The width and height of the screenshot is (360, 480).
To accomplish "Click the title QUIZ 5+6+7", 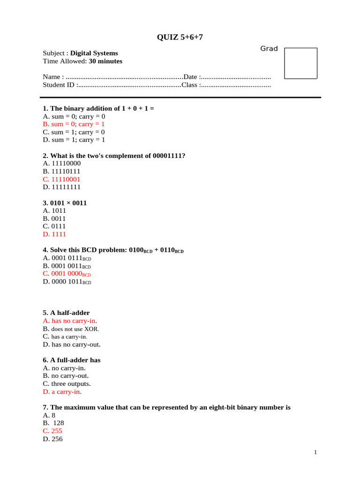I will click(x=180, y=37).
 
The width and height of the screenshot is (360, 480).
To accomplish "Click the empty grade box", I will click(x=301, y=63).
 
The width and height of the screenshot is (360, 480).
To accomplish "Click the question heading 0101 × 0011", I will click(x=65, y=203).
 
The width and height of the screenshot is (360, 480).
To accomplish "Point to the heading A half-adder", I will click(x=66, y=313).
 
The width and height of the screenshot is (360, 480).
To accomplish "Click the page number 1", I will click(x=316, y=453).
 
